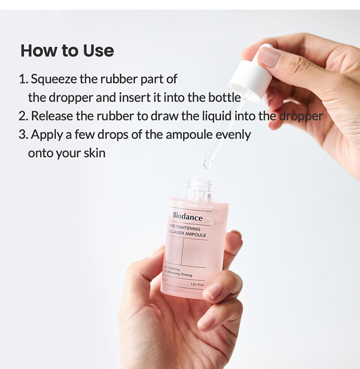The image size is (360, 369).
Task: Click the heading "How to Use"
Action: [67, 50]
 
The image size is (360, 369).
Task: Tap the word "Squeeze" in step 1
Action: [53, 79]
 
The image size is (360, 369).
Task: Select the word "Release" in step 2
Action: [51, 116]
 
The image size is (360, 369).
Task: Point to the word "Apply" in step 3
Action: [47, 134]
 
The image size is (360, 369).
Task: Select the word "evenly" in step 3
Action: [233, 134]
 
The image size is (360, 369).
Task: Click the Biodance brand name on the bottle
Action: [188, 217]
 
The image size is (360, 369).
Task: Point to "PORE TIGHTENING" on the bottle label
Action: [185, 228]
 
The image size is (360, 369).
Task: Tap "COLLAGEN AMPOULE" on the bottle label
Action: [187, 235]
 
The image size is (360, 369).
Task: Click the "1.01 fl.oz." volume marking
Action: [197, 284]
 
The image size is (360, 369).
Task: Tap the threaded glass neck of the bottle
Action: [200, 188]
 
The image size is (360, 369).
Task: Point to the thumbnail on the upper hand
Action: [269, 57]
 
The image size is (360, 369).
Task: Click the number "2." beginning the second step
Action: [24, 116]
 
